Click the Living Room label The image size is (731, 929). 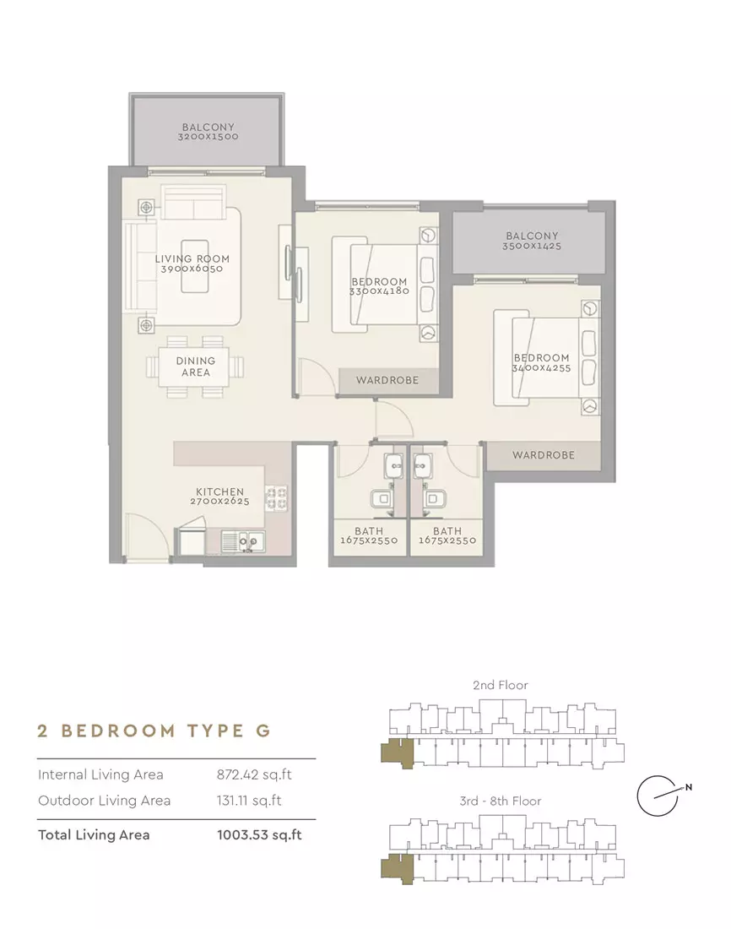click(x=192, y=259)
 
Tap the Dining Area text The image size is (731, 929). click(x=196, y=367)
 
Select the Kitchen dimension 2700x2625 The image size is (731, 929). click(x=219, y=501)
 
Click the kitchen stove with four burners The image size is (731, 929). click(x=276, y=498)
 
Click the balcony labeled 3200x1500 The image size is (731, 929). click(x=208, y=132)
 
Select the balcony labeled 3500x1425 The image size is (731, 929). click(x=530, y=241)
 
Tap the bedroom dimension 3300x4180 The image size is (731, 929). click(x=378, y=291)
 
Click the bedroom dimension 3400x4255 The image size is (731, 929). click(x=541, y=368)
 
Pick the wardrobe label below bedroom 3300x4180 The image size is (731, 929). click(x=387, y=380)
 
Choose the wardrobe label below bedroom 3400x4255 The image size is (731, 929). click(x=544, y=455)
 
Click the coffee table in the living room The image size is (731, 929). click(x=195, y=266)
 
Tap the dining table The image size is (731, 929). click(x=193, y=367)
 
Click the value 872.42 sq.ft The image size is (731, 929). click(x=254, y=774)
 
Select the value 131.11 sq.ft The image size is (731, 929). click(x=249, y=801)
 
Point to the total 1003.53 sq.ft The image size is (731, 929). click(x=259, y=834)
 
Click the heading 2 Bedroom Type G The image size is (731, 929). click(x=154, y=731)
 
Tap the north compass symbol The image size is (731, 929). click(x=663, y=795)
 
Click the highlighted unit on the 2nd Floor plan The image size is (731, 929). click(x=397, y=753)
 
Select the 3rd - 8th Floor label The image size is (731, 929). click(x=501, y=801)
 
